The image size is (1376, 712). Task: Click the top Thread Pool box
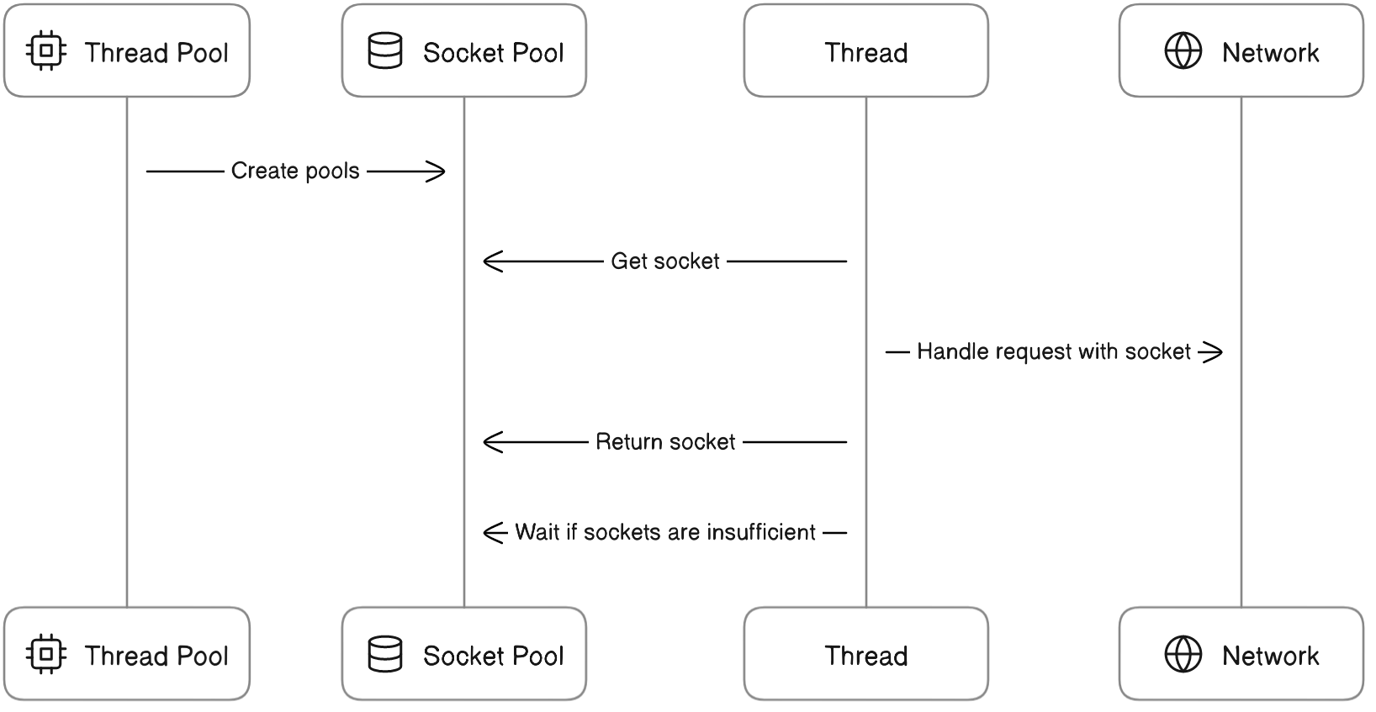click(x=127, y=50)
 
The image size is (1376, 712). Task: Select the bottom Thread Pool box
click(x=127, y=653)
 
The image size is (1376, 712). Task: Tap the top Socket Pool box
click(x=463, y=50)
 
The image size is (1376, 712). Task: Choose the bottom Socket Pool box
click(x=463, y=653)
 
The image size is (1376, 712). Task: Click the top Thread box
click(x=865, y=50)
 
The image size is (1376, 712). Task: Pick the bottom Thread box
click(x=865, y=653)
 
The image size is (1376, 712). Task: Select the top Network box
click(x=1241, y=50)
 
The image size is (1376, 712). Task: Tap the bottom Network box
click(x=1241, y=653)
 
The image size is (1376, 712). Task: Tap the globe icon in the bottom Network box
click(x=1183, y=654)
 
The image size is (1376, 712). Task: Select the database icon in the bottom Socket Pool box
click(x=385, y=654)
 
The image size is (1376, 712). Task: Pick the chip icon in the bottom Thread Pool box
click(x=47, y=654)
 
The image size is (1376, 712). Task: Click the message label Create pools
click(x=295, y=171)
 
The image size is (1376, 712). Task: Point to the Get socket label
click(x=665, y=261)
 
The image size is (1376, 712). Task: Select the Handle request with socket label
click(x=1053, y=351)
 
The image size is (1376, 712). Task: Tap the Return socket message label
click(x=665, y=442)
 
